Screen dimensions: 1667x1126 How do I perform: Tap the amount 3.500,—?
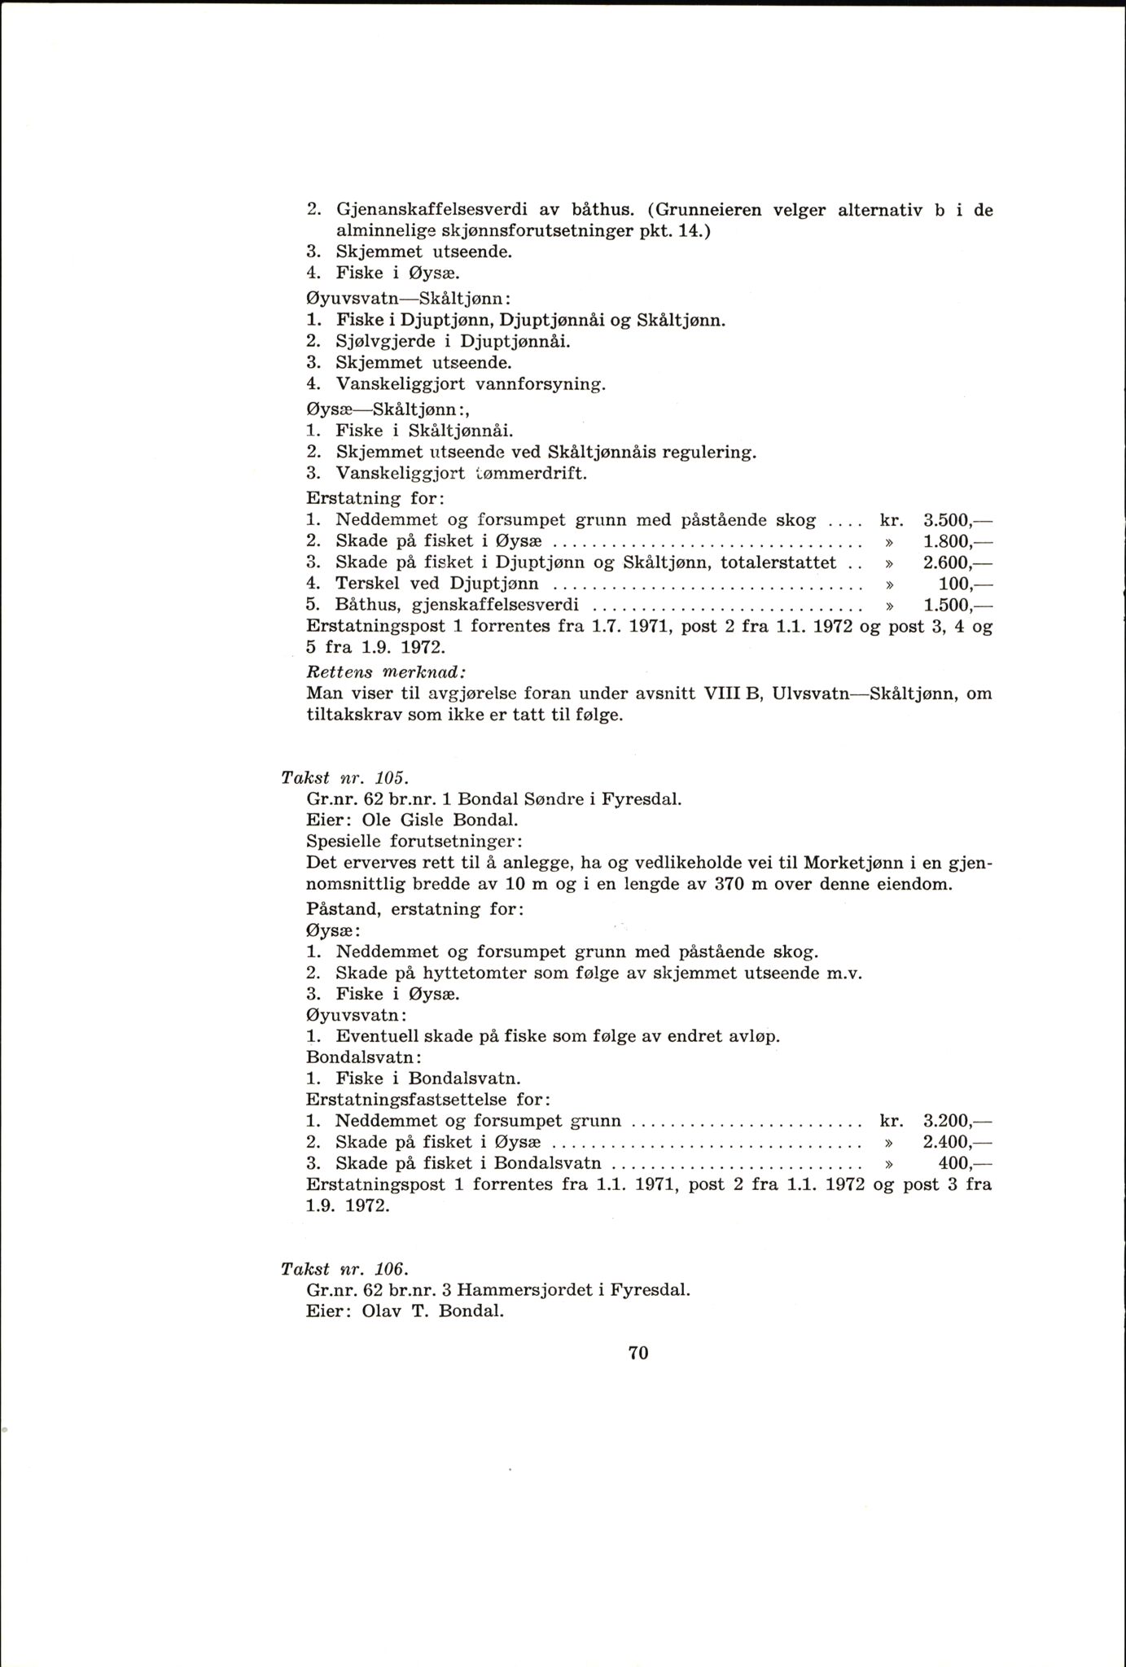click(x=959, y=519)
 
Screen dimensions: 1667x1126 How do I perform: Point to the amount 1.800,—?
click(x=959, y=540)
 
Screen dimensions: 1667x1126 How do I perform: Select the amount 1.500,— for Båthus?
click(x=959, y=605)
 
